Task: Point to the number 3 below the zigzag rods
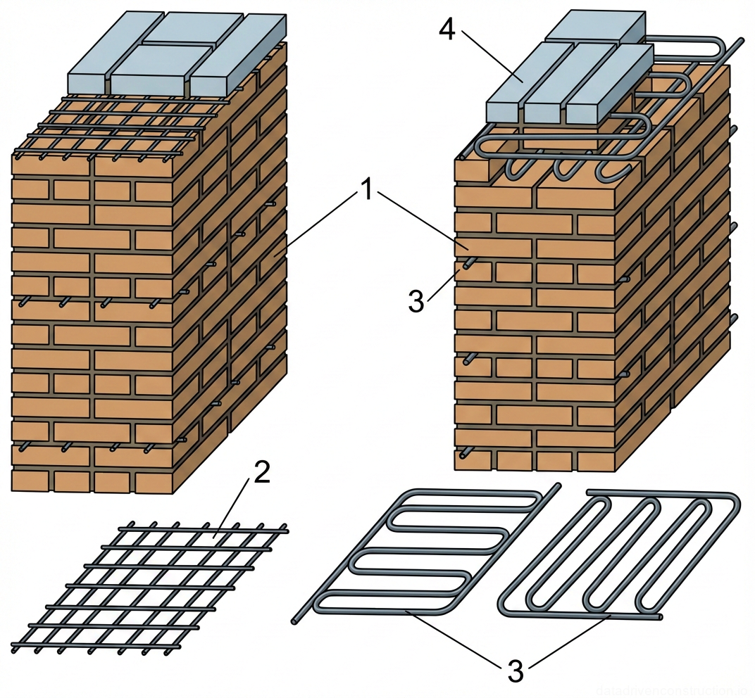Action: [x=516, y=671]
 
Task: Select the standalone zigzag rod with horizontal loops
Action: [x=423, y=552]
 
